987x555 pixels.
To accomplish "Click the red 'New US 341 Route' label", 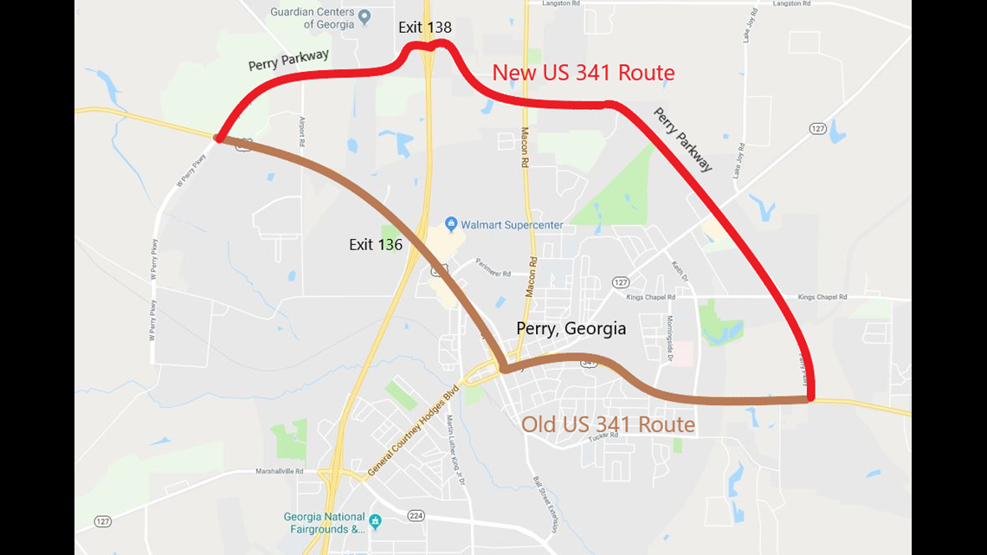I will pyautogui.click(x=583, y=73).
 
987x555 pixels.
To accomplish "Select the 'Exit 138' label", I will pyautogui.click(x=424, y=28).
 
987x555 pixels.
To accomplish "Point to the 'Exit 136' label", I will pyautogui.click(x=376, y=245).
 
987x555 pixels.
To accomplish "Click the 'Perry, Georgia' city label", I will pyautogui.click(x=571, y=329).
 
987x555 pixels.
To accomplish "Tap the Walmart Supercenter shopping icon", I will pyautogui.click(x=450, y=224).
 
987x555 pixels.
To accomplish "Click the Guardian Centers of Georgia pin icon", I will pyautogui.click(x=364, y=16).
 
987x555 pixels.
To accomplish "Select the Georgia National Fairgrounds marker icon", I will pyautogui.click(x=375, y=521).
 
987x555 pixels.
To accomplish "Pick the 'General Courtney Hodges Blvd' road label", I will pyautogui.click(x=411, y=431).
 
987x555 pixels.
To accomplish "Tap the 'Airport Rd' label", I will pyautogui.click(x=303, y=131).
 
